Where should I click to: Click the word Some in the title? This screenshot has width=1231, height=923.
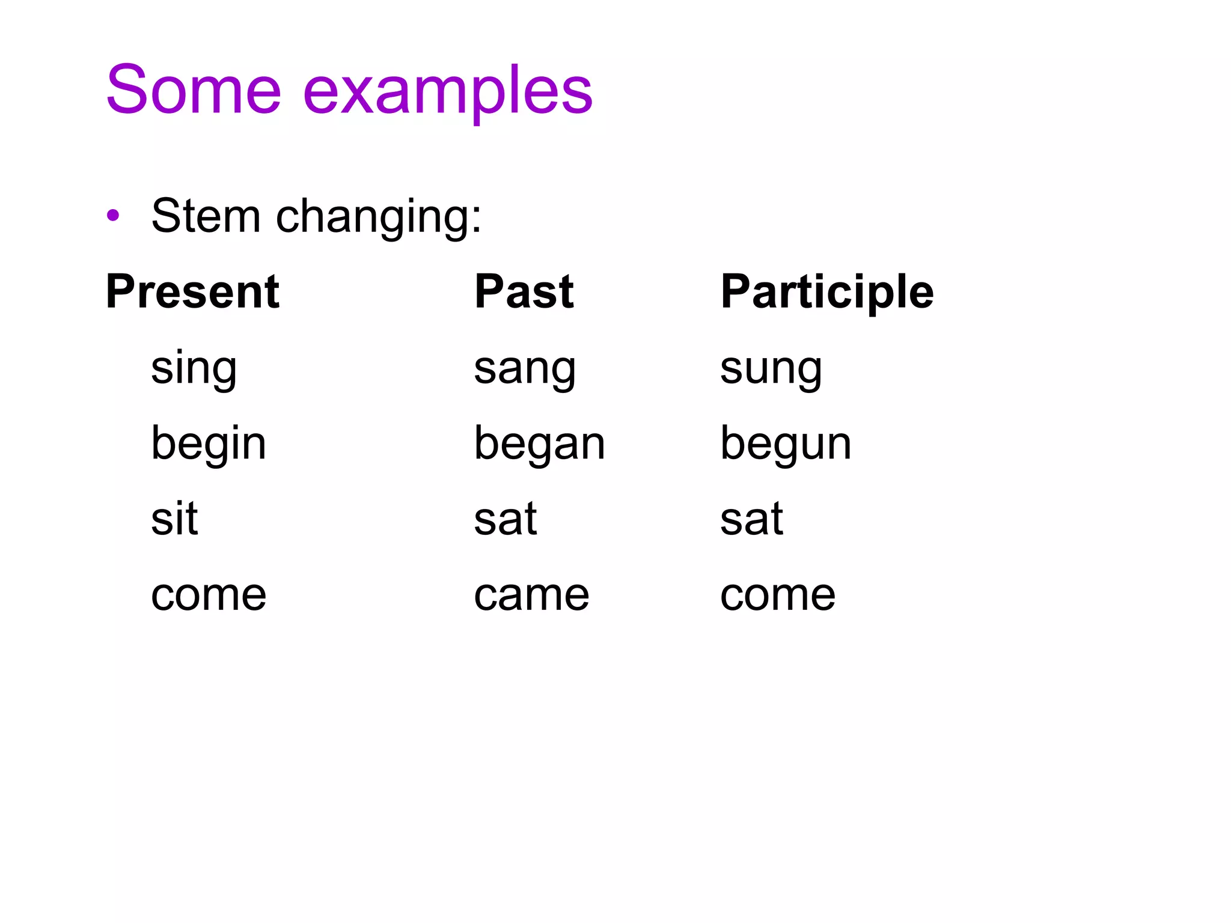(194, 90)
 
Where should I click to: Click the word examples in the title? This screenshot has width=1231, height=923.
(448, 91)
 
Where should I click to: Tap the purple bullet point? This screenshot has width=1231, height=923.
(112, 215)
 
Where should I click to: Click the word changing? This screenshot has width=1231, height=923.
(378, 218)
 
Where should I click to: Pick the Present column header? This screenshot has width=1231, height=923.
(192, 292)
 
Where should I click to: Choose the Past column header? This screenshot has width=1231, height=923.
(524, 292)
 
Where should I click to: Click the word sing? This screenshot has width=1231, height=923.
(194, 370)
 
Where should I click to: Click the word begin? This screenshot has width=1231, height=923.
(208, 445)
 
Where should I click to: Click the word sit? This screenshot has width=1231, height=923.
(174, 519)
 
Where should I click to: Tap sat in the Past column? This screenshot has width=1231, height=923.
(505, 520)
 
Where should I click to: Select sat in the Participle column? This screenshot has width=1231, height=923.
(751, 520)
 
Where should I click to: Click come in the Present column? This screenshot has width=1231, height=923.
(208, 596)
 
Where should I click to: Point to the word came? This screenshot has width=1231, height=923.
(531, 596)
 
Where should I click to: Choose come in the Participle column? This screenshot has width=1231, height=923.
(777, 596)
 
